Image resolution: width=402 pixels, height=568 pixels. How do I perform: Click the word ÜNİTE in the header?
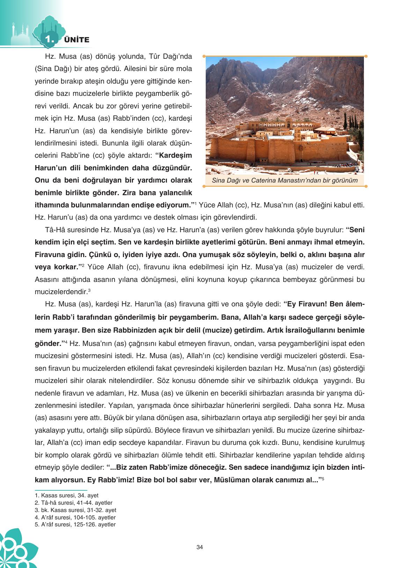[77, 40]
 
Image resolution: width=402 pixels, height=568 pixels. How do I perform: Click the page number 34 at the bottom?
[200, 547]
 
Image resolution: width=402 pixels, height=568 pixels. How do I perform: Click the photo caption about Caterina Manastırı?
[285, 180]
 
